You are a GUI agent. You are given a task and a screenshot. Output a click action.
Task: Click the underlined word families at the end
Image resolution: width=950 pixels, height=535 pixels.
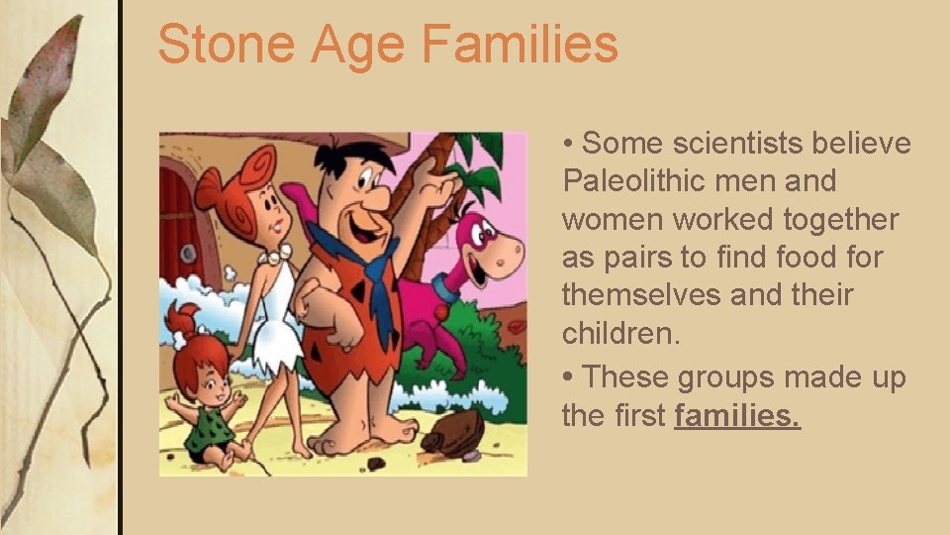737,416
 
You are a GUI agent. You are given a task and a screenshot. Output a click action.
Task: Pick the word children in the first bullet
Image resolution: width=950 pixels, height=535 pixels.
619,333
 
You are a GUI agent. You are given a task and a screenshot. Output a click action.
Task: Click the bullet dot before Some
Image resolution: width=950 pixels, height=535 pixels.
569,145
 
